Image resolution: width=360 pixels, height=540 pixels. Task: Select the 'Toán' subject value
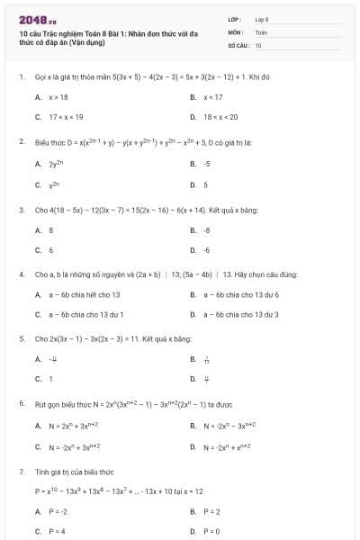(261, 31)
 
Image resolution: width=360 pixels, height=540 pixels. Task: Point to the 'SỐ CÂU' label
(237, 45)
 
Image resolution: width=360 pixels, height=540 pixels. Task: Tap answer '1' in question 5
(50, 379)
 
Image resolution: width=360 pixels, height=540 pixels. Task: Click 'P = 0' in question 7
(211, 531)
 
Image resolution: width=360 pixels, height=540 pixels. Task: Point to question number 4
(21, 274)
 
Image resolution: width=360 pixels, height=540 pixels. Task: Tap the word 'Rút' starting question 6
(41, 403)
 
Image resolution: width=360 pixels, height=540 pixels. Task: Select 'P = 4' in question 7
(57, 531)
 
